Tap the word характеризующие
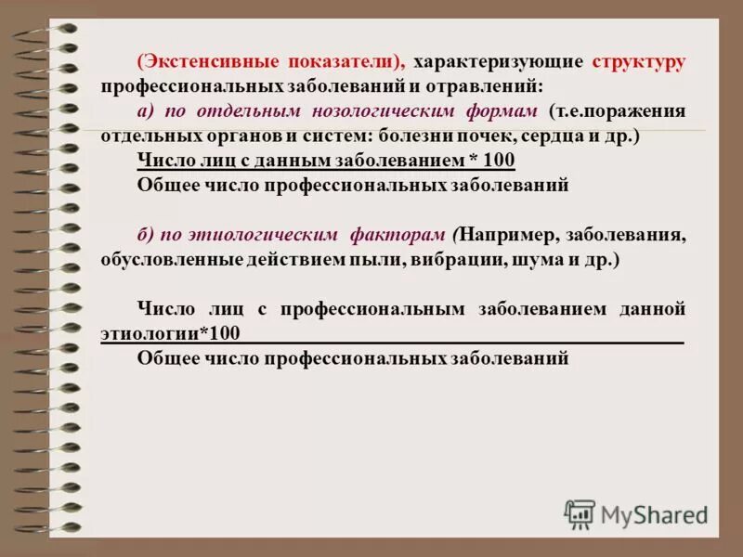click(499, 62)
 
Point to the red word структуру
click(638, 62)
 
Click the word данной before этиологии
click(653, 308)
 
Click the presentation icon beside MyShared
click(580, 513)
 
